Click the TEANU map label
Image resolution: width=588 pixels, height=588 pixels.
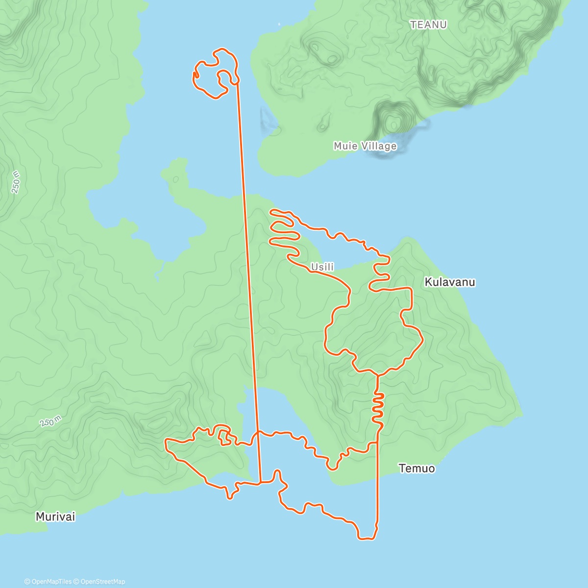pyautogui.click(x=428, y=24)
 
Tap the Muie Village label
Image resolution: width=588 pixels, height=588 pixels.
pyautogui.click(x=365, y=146)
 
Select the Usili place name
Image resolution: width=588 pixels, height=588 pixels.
pyautogui.click(x=322, y=267)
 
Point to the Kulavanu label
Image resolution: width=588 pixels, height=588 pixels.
pyautogui.click(x=450, y=282)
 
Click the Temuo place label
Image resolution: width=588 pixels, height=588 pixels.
pyautogui.click(x=416, y=468)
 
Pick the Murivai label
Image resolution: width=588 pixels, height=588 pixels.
pyautogui.click(x=55, y=516)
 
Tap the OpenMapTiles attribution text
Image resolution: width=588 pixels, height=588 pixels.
pyautogui.click(x=48, y=582)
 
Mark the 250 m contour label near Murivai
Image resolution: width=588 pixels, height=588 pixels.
pyautogui.click(x=50, y=421)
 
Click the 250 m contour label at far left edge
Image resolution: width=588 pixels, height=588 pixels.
pyautogui.click(x=16, y=182)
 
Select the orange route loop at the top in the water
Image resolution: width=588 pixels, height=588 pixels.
pyautogui.click(x=216, y=73)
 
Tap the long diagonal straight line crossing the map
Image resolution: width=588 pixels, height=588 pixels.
pyautogui.click(x=248, y=274)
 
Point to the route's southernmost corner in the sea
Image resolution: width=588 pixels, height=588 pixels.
pyautogui.click(x=367, y=539)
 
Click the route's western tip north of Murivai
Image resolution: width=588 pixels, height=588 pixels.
pyautogui.click(x=167, y=443)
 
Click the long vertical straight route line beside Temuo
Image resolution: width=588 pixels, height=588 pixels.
pyautogui.click(x=377, y=485)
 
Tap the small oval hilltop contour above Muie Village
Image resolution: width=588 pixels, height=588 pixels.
pyautogui.click(x=393, y=120)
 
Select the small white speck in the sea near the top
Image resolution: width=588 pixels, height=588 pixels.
pyautogui.click(x=279, y=23)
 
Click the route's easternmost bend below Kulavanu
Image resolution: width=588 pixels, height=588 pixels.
pyautogui.click(x=422, y=338)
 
